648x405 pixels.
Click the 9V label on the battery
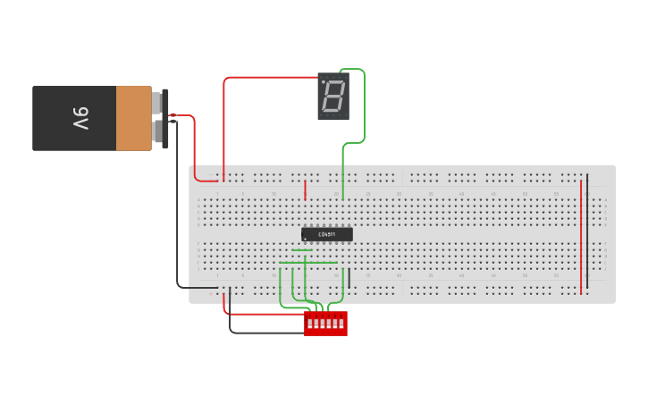(80, 118)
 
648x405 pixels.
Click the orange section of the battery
(133, 118)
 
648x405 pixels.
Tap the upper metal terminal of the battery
(157, 103)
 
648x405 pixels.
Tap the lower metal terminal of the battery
(157, 132)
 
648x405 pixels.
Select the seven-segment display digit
(333, 96)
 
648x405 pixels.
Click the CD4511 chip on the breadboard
(327, 234)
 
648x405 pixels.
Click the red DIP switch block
(325, 324)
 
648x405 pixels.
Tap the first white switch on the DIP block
(310, 324)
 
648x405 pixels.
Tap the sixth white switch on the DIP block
(341, 324)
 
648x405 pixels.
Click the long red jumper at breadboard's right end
(581, 237)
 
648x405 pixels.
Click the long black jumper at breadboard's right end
(587, 228)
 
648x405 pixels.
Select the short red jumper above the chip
(306, 190)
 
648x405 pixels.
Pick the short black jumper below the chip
(349, 278)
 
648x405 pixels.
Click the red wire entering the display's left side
(268, 78)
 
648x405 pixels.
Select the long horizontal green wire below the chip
(308, 263)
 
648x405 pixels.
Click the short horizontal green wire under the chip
(302, 250)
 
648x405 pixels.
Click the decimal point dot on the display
(324, 81)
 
